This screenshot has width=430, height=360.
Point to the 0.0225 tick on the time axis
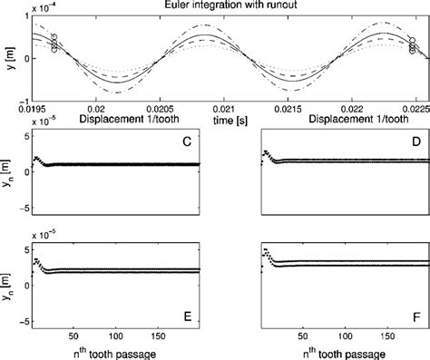coord(414,107)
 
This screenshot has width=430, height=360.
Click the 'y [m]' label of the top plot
coord(8,56)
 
